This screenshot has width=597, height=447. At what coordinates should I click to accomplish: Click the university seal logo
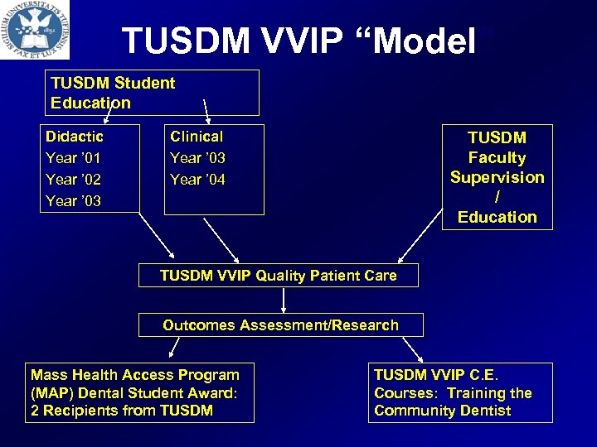(x=35, y=29)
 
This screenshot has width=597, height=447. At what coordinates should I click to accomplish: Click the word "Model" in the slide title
(x=423, y=41)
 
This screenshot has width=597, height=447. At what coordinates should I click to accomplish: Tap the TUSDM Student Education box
(x=151, y=93)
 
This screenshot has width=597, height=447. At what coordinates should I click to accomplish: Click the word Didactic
(x=75, y=137)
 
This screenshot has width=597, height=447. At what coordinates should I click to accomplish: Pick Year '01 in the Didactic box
(x=73, y=158)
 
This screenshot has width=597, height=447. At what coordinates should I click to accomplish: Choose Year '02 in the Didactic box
(x=73, y=180)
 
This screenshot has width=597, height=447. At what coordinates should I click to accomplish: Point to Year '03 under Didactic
(x=73, y=201)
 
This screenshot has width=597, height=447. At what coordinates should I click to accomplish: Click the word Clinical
(x=197, y=137)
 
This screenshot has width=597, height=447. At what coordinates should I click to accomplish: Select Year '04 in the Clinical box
(x=197, y=180)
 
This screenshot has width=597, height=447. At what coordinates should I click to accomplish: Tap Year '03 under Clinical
(x=197, y=158)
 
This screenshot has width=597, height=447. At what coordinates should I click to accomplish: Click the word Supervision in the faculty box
(x=497, y=177)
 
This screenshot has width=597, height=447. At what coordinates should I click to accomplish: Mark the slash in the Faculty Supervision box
(x=497, y=197)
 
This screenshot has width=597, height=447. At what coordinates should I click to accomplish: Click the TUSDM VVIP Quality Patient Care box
(x=278, y=276)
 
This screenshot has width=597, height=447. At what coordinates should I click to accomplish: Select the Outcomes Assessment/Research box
(x=280, y=325)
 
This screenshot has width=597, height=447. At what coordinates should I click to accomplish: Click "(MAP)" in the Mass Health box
(x=50, y=393)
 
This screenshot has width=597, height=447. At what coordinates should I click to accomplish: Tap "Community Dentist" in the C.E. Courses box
(x=443, y=411)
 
